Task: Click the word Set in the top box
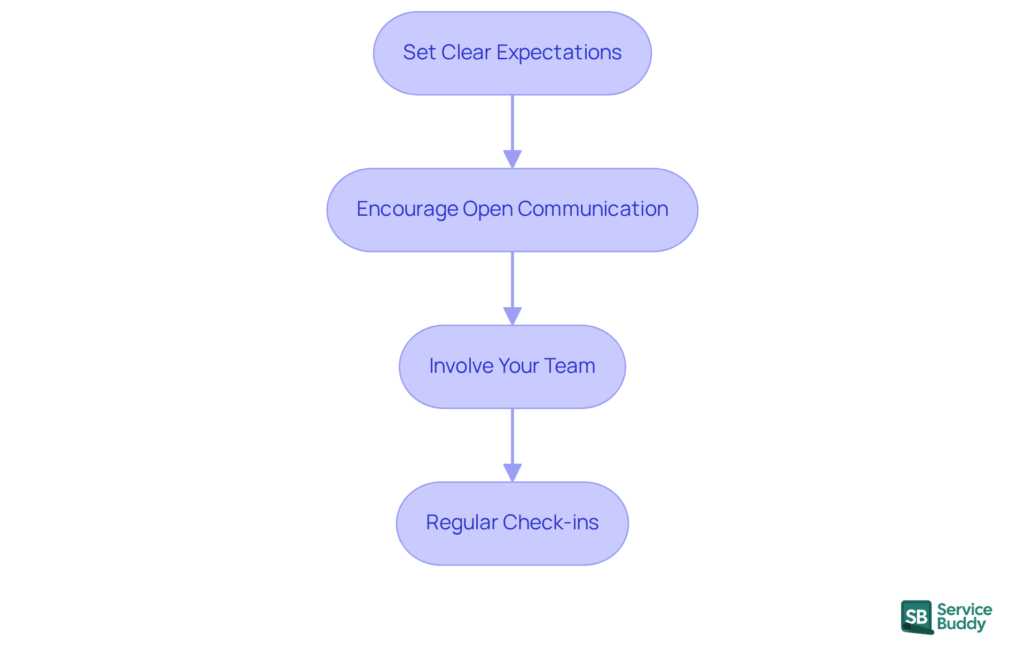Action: tap(419, 52)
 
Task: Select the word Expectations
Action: tap(559, 52)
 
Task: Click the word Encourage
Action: tap(407, 209)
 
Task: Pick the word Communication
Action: tap(593, 209)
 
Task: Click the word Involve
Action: tap(461, 366)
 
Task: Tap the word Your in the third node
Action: tap(518, 366)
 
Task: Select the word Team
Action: tap(570, 366)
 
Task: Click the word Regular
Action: tap(461, 522)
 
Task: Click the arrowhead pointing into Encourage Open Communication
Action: tap(512, 159)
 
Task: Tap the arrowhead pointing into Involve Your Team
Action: tap(512, 316)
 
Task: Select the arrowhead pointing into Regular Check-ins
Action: tap(512, 473)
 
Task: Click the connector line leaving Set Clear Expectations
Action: tap(512, 123)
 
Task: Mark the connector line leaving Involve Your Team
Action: tap(512, 436)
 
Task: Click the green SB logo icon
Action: tap(917, 617)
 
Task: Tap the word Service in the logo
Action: tap(964, 609)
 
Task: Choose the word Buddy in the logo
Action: tap(961, 624)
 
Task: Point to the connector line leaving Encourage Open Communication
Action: tap(512, 279)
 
